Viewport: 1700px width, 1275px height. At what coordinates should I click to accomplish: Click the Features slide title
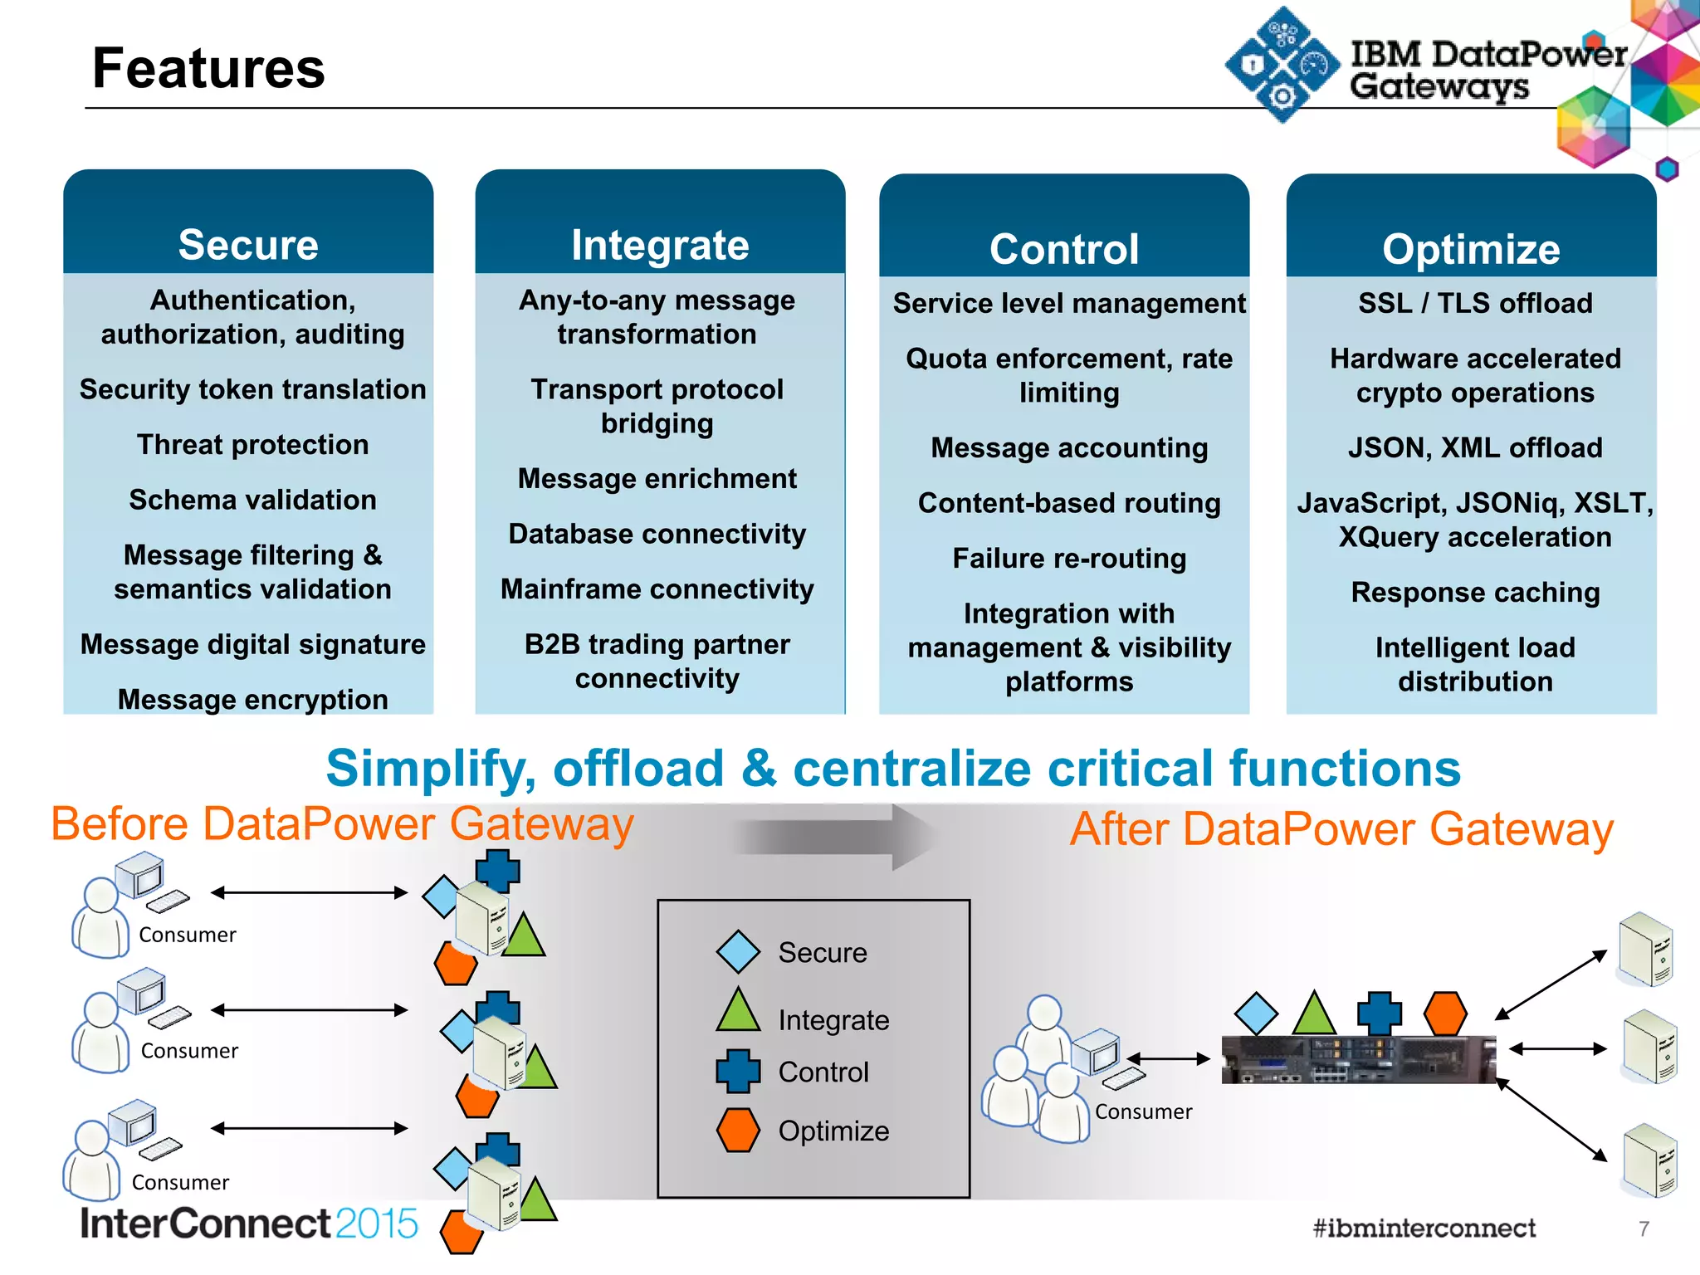(x=208, y=68)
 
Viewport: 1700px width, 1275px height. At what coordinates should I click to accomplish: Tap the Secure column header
(x=248, y=245)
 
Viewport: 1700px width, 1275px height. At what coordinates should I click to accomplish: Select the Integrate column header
(x=660, y=245)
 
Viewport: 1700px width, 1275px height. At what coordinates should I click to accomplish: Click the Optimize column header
(x=1471, y=249)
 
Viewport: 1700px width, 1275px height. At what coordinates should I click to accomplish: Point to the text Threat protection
(x=252, y=445)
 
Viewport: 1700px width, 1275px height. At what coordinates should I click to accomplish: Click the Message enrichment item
(x=657, y=479)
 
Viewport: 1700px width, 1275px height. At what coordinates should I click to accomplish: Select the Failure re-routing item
(x=1069, y=559)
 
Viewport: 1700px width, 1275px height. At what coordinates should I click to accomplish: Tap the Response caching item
(x=1475, y=593)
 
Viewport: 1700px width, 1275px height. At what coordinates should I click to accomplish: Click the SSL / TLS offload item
(x=1475, y=304)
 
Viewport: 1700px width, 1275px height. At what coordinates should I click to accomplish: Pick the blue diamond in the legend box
(x=738, y=952)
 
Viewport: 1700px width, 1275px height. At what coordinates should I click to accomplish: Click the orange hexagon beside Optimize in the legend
(x=738, y=1131)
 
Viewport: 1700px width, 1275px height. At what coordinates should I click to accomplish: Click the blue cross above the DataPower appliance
(x=1379, y=1014)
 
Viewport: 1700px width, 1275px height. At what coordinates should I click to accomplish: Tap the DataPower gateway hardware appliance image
(x=1358, y=1059)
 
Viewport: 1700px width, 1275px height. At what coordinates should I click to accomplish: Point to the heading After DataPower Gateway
(x=1341, y=829)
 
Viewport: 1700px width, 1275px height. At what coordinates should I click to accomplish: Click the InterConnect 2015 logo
(x=249, y=1224)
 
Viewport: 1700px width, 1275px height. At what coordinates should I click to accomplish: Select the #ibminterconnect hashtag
(x=1424, y=1228)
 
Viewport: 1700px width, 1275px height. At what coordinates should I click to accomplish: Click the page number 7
(x=1644, y=1229)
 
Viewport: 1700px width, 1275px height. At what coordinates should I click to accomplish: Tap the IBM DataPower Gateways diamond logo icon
(x=1282, y=65)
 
